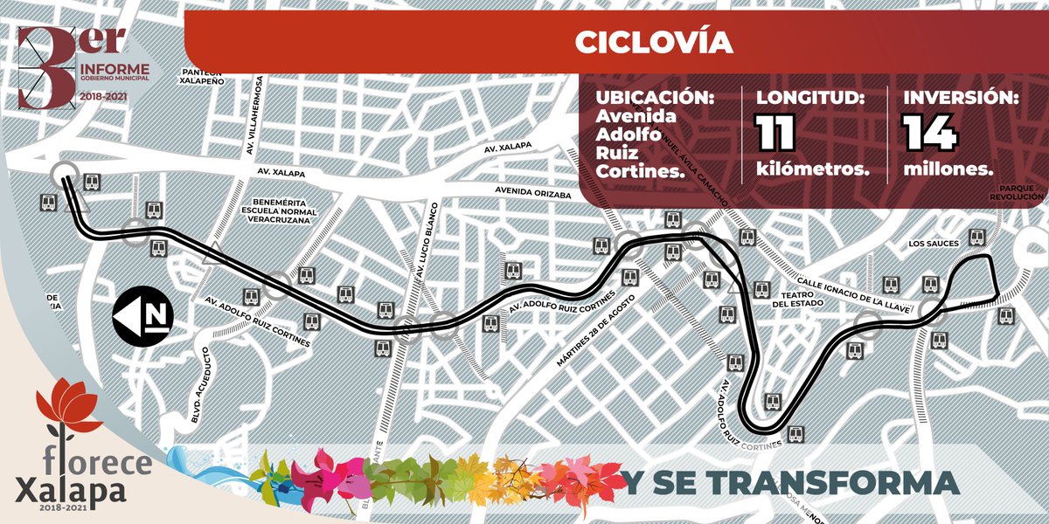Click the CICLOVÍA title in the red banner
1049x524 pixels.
[654, 42]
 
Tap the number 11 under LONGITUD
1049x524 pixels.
[775, 133]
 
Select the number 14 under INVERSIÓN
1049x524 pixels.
[930, 133]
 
